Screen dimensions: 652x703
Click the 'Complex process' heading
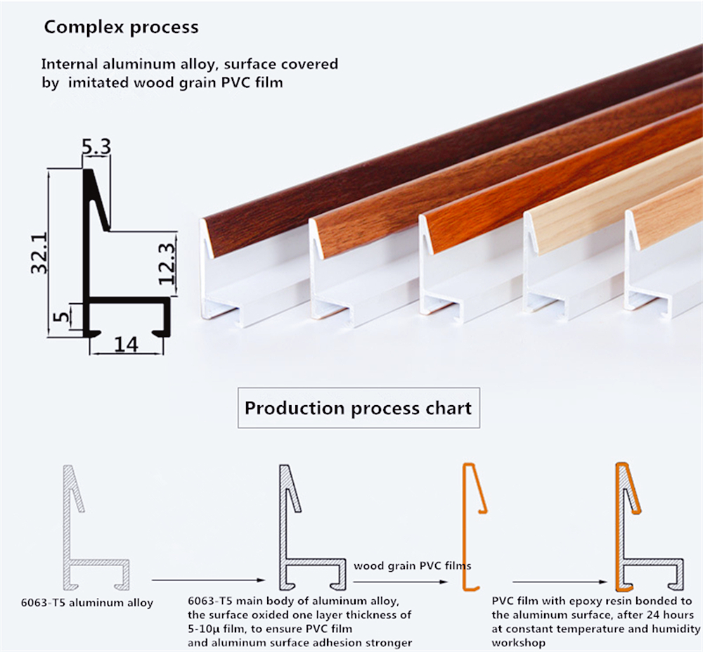pyautogui.click(x=121, y=27)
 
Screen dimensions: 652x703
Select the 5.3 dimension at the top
pyautogui.click(x=96, y=148)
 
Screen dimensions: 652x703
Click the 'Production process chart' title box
pyautogui.click(x=358, y=408)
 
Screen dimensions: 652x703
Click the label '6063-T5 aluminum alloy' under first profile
pyautogui.click(x=86, y=603)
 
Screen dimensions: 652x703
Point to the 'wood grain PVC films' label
pyautogui.click(x=412, y=565)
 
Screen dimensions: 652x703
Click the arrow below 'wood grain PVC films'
pyautogui.click(x=401, y=582)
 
